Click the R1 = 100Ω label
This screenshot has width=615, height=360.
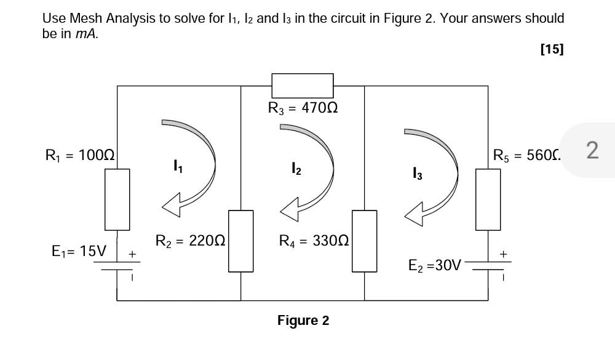[80, 155]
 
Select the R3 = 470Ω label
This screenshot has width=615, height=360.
[303, 108]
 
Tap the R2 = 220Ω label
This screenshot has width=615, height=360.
[190, 241]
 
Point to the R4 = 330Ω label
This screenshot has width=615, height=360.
[314, 241]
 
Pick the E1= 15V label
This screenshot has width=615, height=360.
[79, 251]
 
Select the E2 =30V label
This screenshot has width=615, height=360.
[435, 265]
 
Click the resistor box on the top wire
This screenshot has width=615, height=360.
[303, 86]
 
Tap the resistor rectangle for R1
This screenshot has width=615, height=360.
[117, 199]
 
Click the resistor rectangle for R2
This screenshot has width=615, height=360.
[240, 241]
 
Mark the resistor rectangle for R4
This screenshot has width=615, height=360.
[364, 241]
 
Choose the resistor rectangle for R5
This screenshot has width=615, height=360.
[488, 199]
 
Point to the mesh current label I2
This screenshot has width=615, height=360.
[296, 168]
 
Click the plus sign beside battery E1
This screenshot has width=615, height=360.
[132, 254]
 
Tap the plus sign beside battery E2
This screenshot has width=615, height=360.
[504, 254]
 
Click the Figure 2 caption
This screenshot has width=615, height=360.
[303, 321]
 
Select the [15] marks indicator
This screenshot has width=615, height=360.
[551, 49]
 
